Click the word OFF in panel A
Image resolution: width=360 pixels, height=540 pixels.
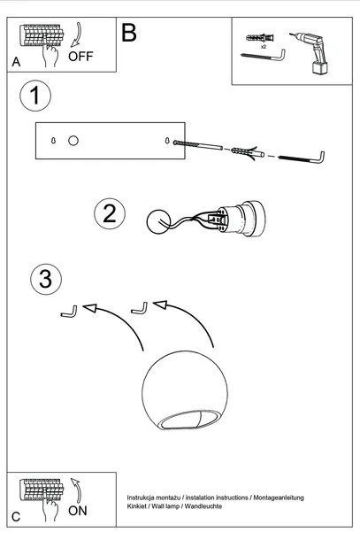(80, 56)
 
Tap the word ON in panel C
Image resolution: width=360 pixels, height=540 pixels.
(78, 511)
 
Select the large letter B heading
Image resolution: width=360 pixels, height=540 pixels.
(129, 33)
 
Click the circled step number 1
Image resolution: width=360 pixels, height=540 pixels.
(35, 96)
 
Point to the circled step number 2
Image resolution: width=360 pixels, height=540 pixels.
(110, 213)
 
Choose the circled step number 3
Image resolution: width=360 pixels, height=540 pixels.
(46, 279)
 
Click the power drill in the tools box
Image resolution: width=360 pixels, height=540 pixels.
(310, 51)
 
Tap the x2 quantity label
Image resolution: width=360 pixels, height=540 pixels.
(264, 47)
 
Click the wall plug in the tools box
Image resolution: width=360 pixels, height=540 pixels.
(260, 37)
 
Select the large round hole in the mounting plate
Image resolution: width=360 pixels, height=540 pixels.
(73, 141)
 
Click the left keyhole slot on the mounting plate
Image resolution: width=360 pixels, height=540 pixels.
(53, 141)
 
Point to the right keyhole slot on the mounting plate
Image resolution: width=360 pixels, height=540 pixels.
(167, 141)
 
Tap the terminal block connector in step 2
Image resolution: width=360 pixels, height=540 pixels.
(219, 219)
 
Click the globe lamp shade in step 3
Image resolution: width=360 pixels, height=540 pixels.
(185, 390)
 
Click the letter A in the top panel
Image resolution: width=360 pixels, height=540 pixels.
(16, 62)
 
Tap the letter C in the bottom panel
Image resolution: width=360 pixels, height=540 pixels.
(16, 517)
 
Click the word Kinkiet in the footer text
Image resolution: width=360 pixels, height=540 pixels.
(136, 506)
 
